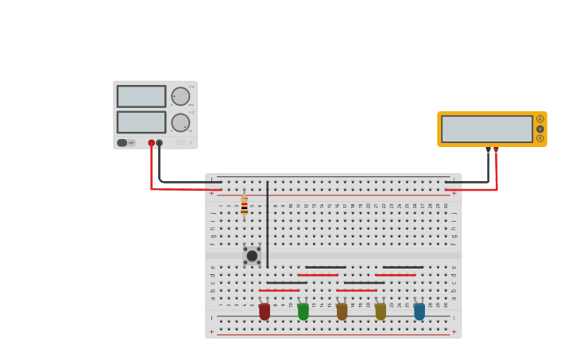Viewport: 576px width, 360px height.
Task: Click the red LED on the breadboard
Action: coord(265,312)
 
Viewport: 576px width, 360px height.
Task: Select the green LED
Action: coord(303,312)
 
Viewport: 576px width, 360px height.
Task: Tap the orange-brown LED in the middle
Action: coord(342,312)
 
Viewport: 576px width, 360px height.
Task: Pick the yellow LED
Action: coord(381,312)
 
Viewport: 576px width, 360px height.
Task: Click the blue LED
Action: coord(419,312)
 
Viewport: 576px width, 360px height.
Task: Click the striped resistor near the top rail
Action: coord(244,206)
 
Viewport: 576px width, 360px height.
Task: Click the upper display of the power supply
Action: coord(141,96)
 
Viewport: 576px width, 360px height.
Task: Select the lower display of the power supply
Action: coord(141,122)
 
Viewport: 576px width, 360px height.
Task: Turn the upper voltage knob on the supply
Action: coord(180,96)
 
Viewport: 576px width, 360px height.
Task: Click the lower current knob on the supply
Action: coord(180,122)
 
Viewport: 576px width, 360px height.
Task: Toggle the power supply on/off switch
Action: coord(122,143)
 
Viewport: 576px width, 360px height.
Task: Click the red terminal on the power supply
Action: coord(151,143)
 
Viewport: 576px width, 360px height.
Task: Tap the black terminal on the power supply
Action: coord(160,143)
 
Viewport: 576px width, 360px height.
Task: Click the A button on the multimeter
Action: coord(540,119)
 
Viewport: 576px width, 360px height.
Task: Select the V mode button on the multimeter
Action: coord(540,129)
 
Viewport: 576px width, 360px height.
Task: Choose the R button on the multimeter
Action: coord(540,138)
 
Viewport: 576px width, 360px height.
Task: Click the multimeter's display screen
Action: coord(486,129)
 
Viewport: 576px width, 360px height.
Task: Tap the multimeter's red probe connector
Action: coord(497,149)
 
